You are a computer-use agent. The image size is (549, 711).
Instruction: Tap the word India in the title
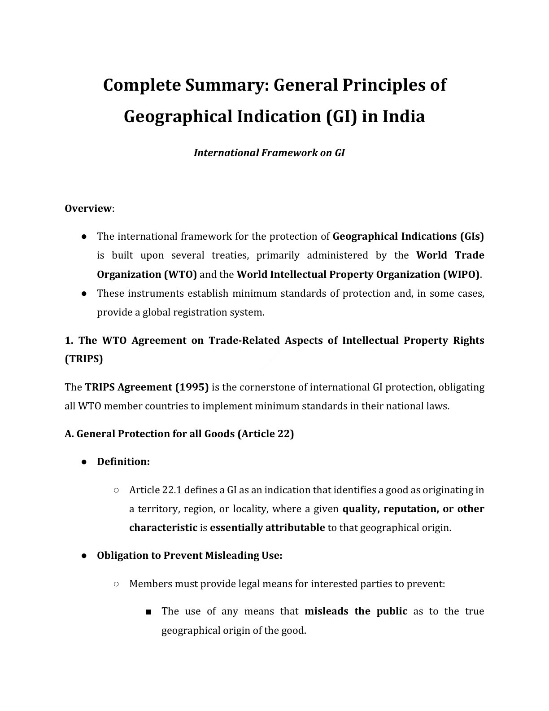pos(404,117)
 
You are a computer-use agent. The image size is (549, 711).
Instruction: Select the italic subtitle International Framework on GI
pos(269,153)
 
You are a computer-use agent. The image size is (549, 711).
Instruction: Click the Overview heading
pos(88,209)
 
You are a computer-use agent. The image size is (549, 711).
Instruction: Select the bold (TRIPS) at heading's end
pos(84,359)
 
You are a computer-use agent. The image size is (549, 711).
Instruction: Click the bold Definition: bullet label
pos(123,462)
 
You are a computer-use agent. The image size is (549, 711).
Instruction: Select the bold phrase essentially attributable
pos(267,528)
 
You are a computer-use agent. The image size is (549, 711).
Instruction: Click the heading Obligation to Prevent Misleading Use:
pos(189,556)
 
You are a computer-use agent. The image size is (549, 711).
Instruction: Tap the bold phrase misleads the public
pos(356,611)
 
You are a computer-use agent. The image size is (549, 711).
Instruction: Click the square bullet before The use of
pos(148,612)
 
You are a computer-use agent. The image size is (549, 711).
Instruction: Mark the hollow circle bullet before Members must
pos(116,584)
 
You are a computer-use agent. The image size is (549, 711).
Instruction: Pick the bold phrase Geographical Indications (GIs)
pos(409,237)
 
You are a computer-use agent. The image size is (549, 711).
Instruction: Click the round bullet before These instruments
pos(84,294)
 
